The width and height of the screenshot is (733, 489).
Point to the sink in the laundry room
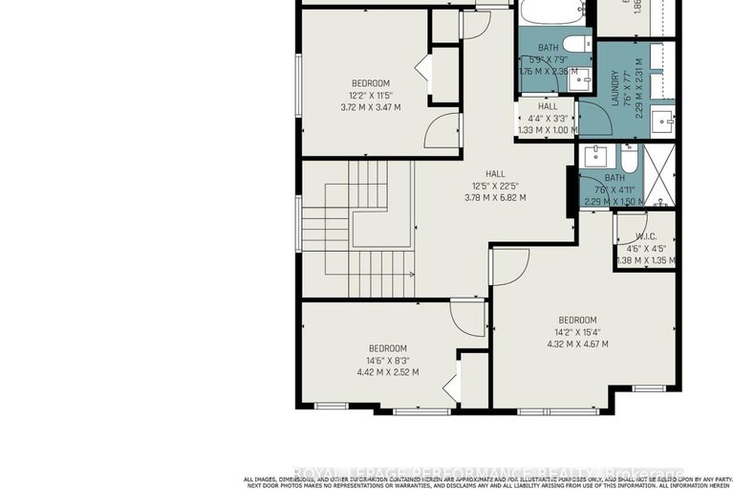(662, 121)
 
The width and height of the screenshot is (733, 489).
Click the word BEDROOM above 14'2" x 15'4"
(577, 320)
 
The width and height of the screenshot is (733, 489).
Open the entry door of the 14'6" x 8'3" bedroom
(468, 317)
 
